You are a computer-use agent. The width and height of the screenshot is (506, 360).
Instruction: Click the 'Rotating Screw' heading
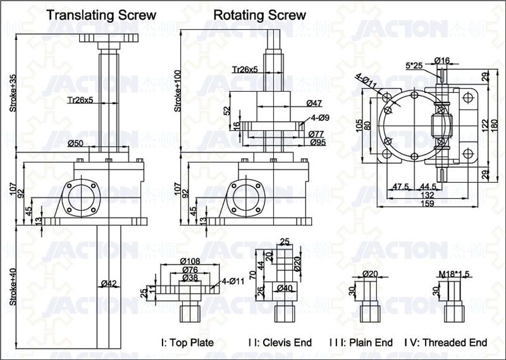(x=259, y=14)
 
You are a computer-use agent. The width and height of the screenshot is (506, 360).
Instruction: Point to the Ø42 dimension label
(x=109, y=284)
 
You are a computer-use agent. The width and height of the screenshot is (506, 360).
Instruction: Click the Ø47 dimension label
(x=314, y=102)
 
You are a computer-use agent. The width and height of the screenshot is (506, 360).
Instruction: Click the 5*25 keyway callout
(x=414, y=65)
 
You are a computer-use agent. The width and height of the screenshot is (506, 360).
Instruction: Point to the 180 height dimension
(x=495, y=124)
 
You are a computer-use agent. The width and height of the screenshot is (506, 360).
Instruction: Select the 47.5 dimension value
(x=400, y=187)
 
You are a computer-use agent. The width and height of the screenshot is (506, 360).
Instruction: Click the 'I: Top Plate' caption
(x=187, y=342)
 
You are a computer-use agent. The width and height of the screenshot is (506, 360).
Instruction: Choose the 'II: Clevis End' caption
(x=280, y=342)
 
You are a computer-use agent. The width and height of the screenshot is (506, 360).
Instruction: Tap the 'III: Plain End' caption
(x=361, y=342)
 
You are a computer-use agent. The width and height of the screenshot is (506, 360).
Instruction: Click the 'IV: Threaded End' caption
(x=445, y=342)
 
